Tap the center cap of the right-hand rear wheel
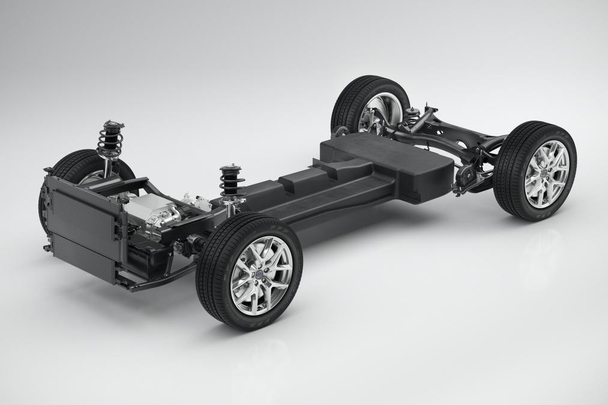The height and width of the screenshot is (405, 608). (x=546, y=174)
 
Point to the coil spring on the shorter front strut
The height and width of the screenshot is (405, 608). (x=230, y=183)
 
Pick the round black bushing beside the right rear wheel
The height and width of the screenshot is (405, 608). (x=463, y=176)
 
